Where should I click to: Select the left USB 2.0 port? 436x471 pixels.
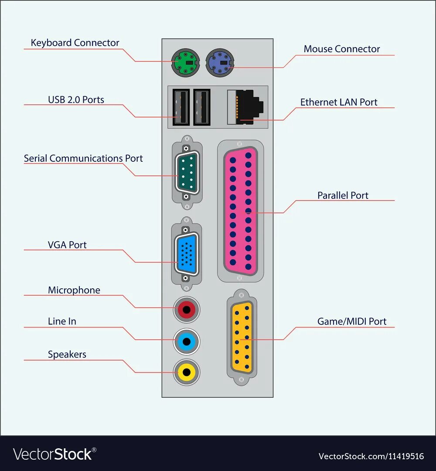tap(181, 107)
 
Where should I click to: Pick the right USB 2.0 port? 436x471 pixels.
tap(201, 107)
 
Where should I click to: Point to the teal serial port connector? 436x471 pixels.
tap(187, 172)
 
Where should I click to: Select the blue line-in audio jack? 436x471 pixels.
tap(187, 341)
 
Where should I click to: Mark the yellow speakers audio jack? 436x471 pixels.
tap(187, 372)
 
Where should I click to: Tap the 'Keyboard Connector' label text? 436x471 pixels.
tap(75, 43)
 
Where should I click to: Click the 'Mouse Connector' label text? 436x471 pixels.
tap(342, 49)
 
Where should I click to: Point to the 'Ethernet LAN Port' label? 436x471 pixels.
tap(339, 102)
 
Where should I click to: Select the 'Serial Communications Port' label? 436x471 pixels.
tap(83, 158)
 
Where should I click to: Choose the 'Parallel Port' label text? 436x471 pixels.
tap(343, 195)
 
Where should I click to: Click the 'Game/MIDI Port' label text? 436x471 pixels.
tap(352, 321)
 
